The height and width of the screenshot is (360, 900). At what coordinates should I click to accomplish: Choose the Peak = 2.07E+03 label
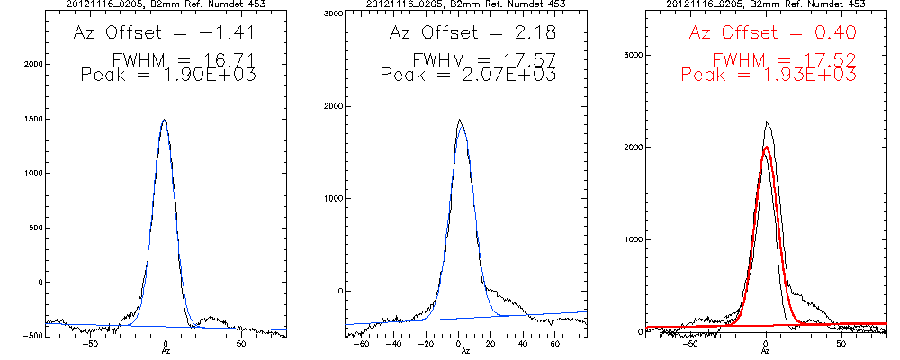[x=469, y=76]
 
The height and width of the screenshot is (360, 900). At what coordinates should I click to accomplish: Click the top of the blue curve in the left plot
[x=165, y=121]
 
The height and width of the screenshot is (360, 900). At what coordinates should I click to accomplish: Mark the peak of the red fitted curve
[x=766, y=148]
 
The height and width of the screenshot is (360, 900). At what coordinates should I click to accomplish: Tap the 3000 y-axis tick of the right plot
[x=630, y=56]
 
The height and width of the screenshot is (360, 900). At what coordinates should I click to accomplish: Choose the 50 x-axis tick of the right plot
[x=841, y=344]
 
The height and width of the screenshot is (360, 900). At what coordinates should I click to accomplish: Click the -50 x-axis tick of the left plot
[x=90, y=344]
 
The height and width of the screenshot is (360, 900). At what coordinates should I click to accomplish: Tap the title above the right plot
[x=766, y=4]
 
